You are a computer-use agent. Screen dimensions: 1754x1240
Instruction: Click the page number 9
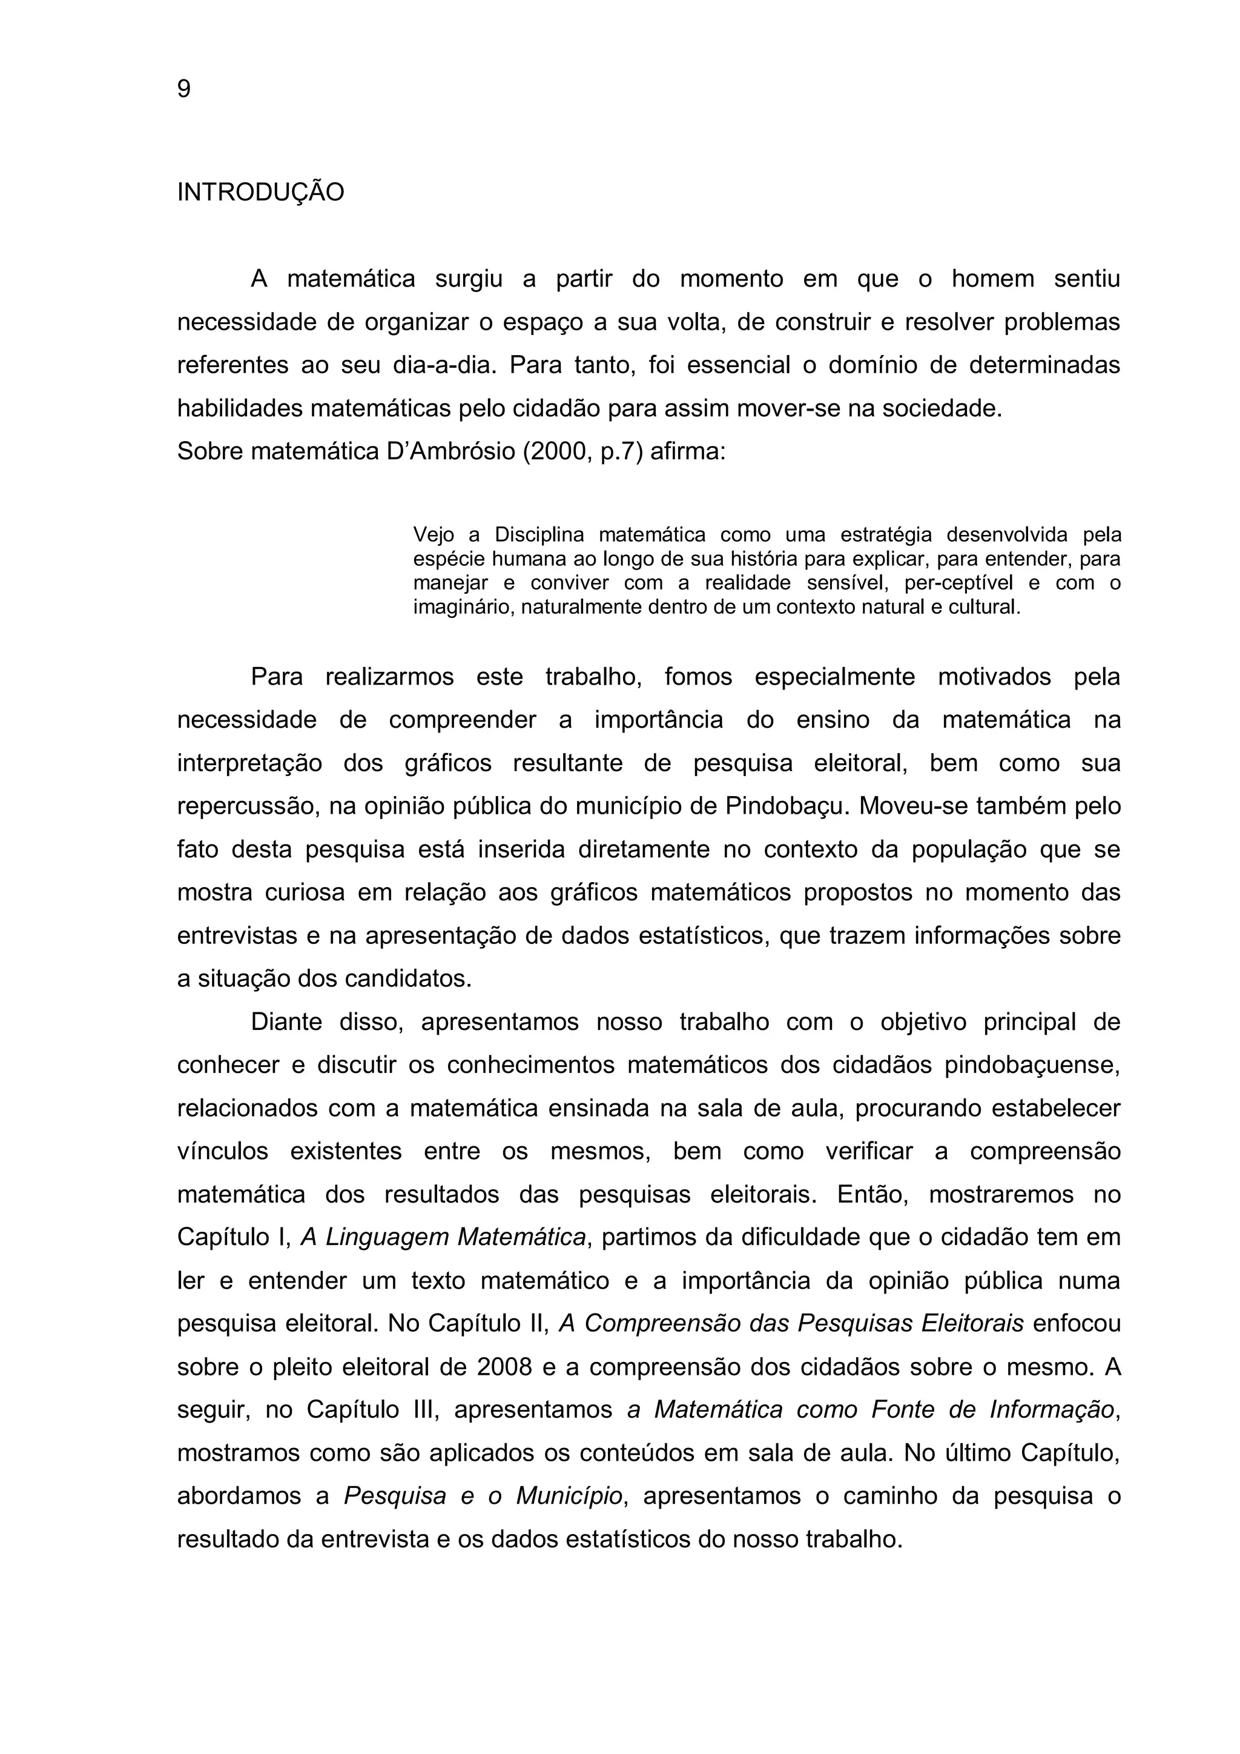(184, 90)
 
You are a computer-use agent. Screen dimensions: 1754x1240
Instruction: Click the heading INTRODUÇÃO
(260, 193)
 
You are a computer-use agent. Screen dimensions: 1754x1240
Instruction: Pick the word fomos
(698, 677)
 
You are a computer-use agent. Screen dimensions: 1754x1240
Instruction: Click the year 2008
(504, 1367)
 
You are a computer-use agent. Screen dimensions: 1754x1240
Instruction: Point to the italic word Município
(569, 1497)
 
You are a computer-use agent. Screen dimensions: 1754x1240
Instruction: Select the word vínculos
(223, 1152)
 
